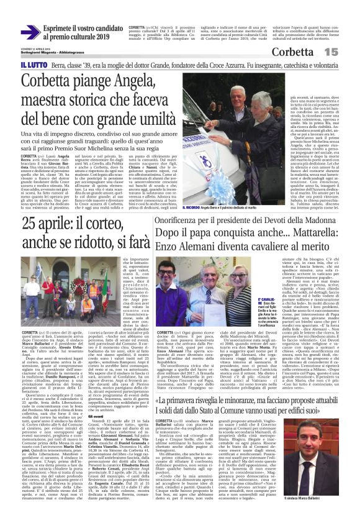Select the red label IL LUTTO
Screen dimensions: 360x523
(x=32, y=65)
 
